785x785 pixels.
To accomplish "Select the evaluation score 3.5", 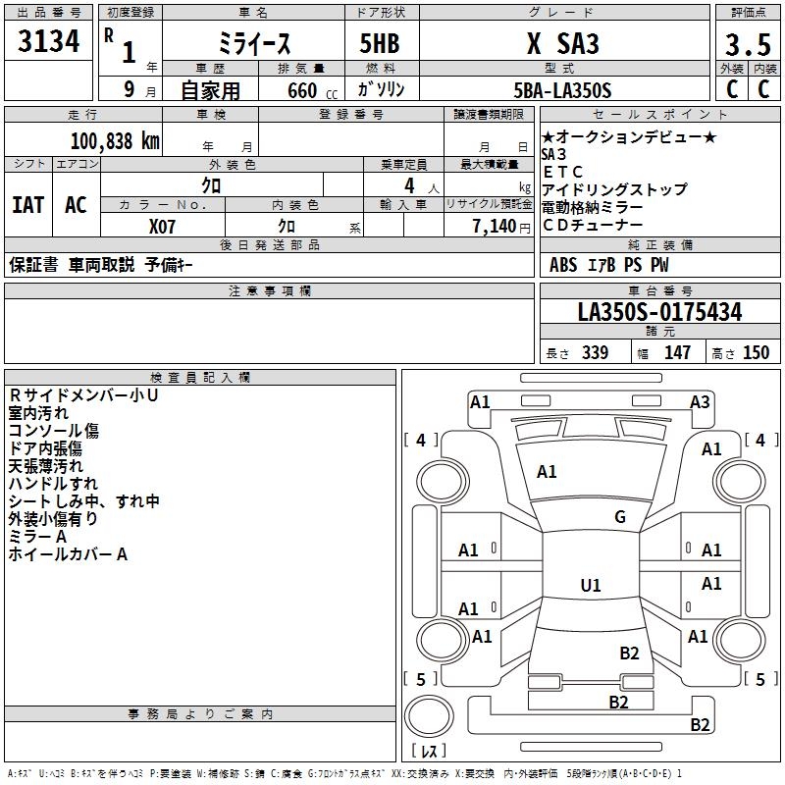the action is [746, 45].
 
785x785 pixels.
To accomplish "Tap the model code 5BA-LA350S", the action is [562, 90].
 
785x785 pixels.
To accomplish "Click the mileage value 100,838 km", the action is [116, 140].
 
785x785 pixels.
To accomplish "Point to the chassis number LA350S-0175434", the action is [659, 313].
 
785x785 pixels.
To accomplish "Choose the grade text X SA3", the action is [562, 45].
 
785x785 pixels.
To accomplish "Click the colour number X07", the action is [162, 226].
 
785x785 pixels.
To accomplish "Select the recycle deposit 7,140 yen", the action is [489, 226].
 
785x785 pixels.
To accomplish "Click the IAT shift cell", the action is [27, 205].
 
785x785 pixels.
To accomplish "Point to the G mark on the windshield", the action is [620, 517].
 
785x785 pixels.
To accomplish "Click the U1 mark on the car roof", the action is [591, 586].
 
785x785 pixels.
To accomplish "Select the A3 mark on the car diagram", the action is [700, 401].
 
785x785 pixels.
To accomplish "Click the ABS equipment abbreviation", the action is [563, 265].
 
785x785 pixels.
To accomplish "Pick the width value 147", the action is [677, 353].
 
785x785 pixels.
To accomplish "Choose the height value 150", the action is [756, 353].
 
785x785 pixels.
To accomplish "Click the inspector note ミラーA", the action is [37, 537].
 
